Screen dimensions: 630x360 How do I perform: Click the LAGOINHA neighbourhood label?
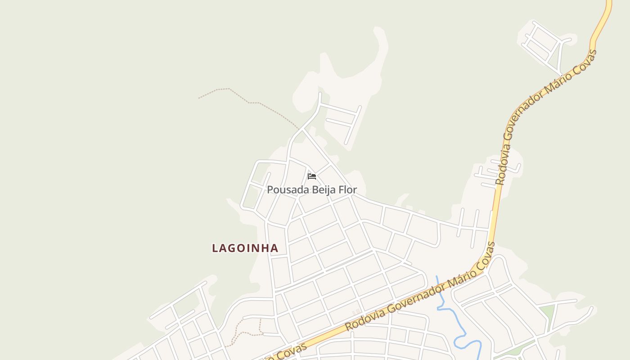pyautogui.click(x=245, y=248)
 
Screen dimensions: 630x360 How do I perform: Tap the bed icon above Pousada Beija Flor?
pyautogui.click(x=312, y=176)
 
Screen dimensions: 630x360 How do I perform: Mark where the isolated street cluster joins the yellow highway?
pyautogui.click(x=563, y=76)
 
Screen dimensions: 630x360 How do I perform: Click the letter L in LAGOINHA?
pyautogui.click(x=215, y=248)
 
